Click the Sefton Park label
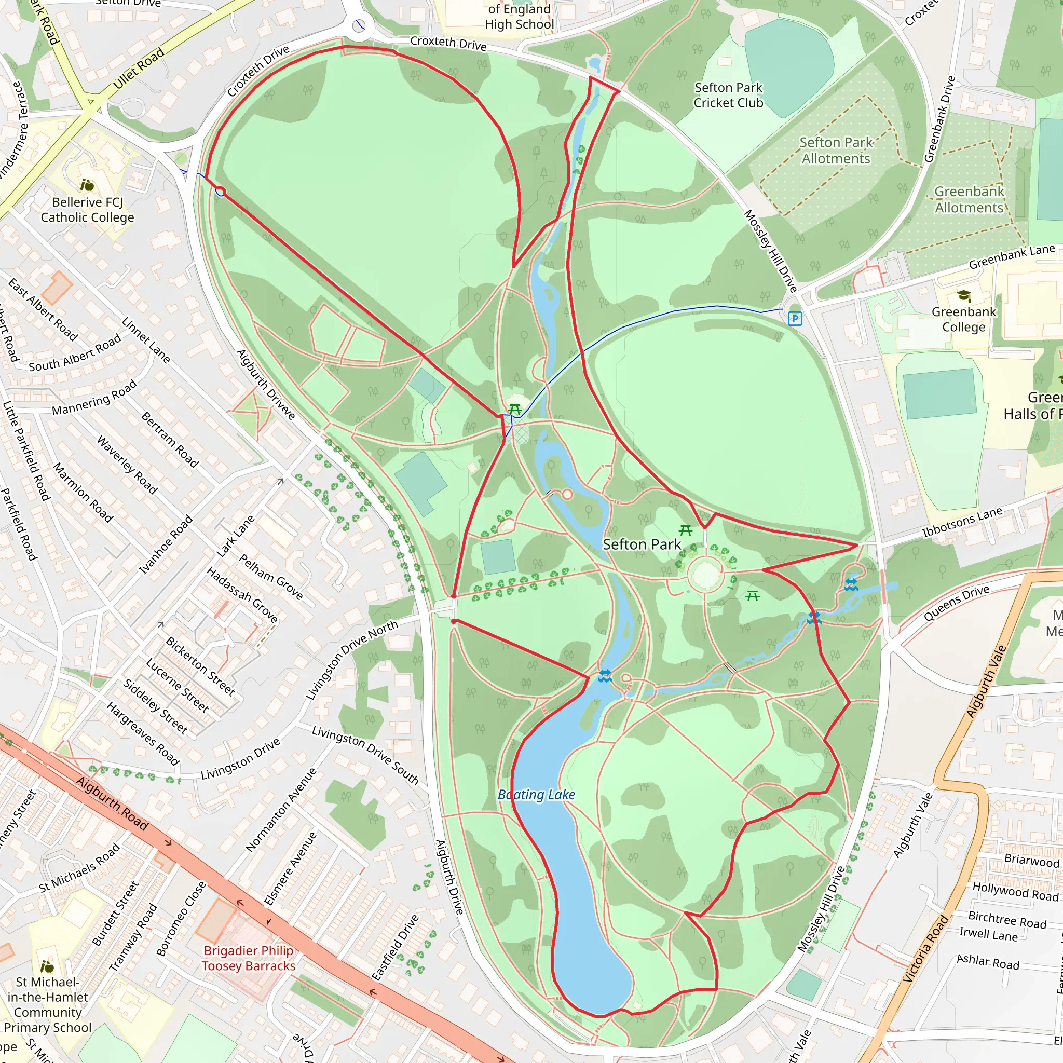642,544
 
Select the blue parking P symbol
795,319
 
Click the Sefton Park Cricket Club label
728,95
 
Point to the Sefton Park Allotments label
836,151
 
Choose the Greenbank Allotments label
969,200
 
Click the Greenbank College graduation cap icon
964,296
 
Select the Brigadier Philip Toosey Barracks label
248,958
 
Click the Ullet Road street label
139,68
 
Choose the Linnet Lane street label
146,339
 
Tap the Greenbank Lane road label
1011,257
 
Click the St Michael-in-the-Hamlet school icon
47,966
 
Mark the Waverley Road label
127,465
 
